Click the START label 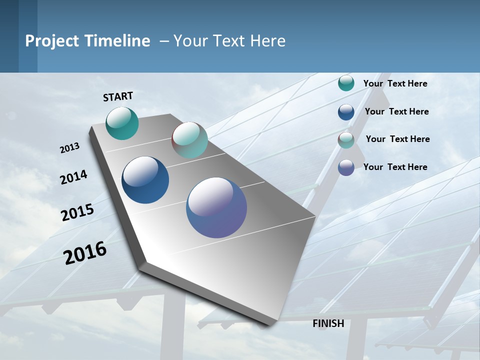(x=118, y=96)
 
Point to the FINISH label (x=328, y=323)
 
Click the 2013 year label (x=69, y=148)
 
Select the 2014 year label (x=73, y=177)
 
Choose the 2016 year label (x=85, y=253)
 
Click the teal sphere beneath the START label (x=122, y=123)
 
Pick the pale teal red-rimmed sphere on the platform (x=189, y=140)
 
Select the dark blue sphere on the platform (x=145, y=180)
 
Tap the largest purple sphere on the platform (x=216, y=207)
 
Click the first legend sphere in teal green (x=346, y=83)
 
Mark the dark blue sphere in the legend (x=346, y=112)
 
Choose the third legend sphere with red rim (x=346, y=140)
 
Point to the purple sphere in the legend (x=346, y=167)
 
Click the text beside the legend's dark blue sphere (x=396, y=111)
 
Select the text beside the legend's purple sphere (x=395, y=167)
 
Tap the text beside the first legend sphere (x=395, y=83)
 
